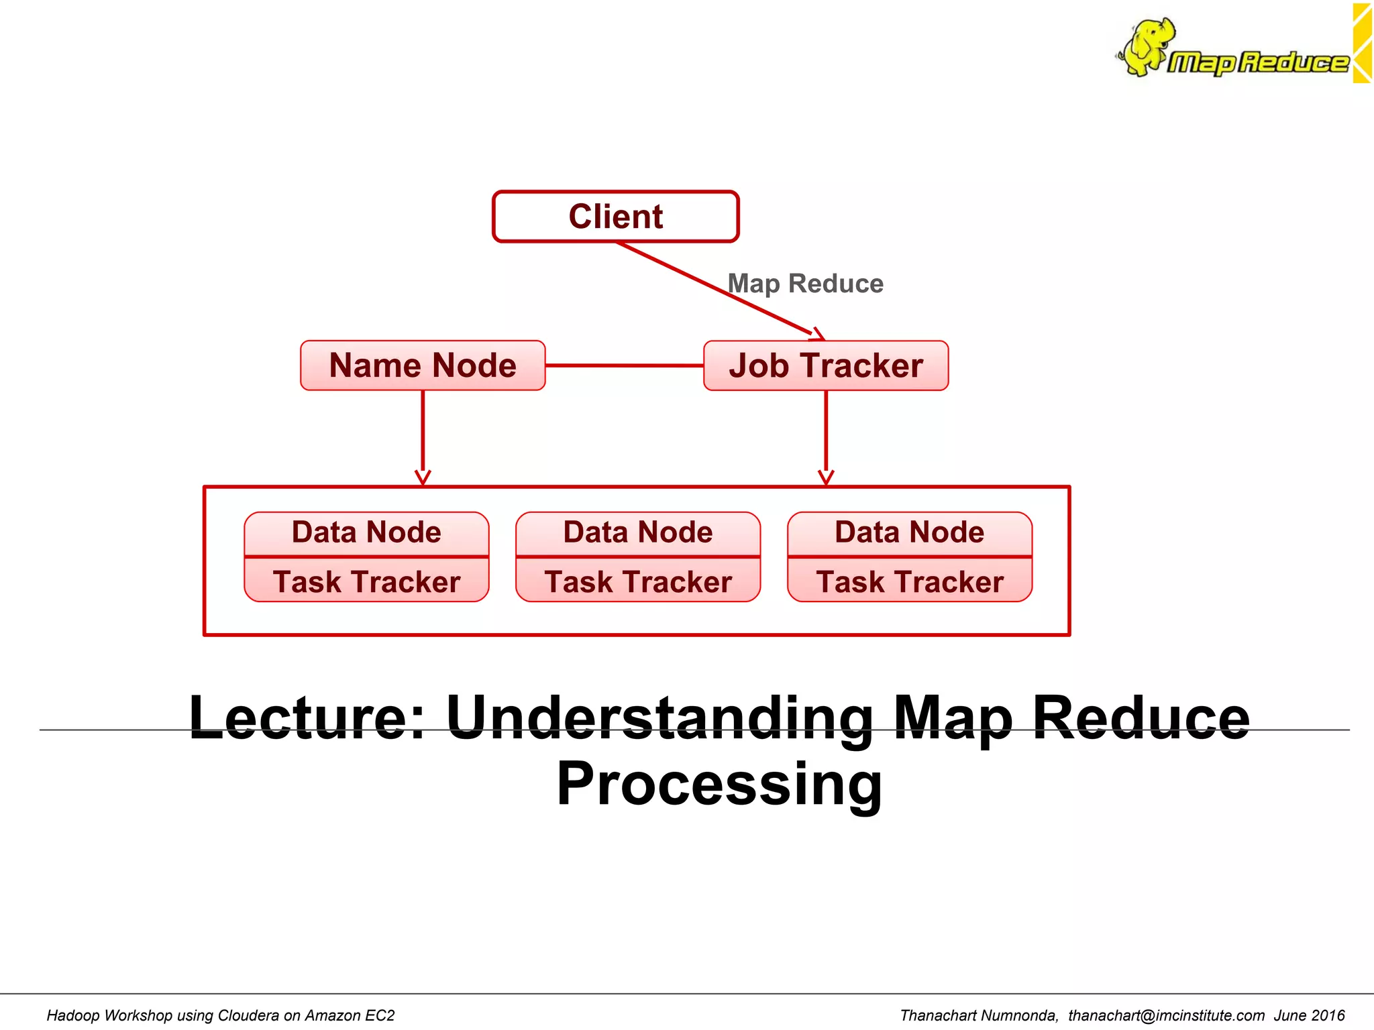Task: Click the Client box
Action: click(615, 217)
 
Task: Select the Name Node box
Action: click(423, 365)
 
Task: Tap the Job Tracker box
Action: click(826, 365)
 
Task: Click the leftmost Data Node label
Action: click(366, 532)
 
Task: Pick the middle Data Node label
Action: click(638, 532)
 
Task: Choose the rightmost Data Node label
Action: click(909, 532)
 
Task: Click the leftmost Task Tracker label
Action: click(366, 581)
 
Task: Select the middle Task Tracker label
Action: click(638, 581)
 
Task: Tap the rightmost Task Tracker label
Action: click(909, 581)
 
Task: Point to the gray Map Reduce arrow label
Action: click(806, 284)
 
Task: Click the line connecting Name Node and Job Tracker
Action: click(624, 365)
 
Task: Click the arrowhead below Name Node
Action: click(423, 477)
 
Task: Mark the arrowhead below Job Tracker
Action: click(826, 477)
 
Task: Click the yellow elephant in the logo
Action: click(1149, 46)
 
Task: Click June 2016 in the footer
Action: click(1309, 1015)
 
